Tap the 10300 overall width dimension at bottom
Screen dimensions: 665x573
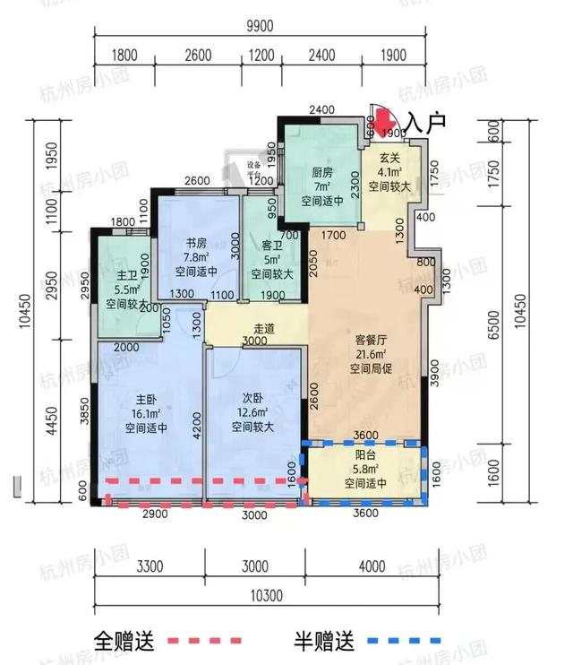click(x=264, y=596)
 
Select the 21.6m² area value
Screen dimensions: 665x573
click(x=364, y=355)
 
